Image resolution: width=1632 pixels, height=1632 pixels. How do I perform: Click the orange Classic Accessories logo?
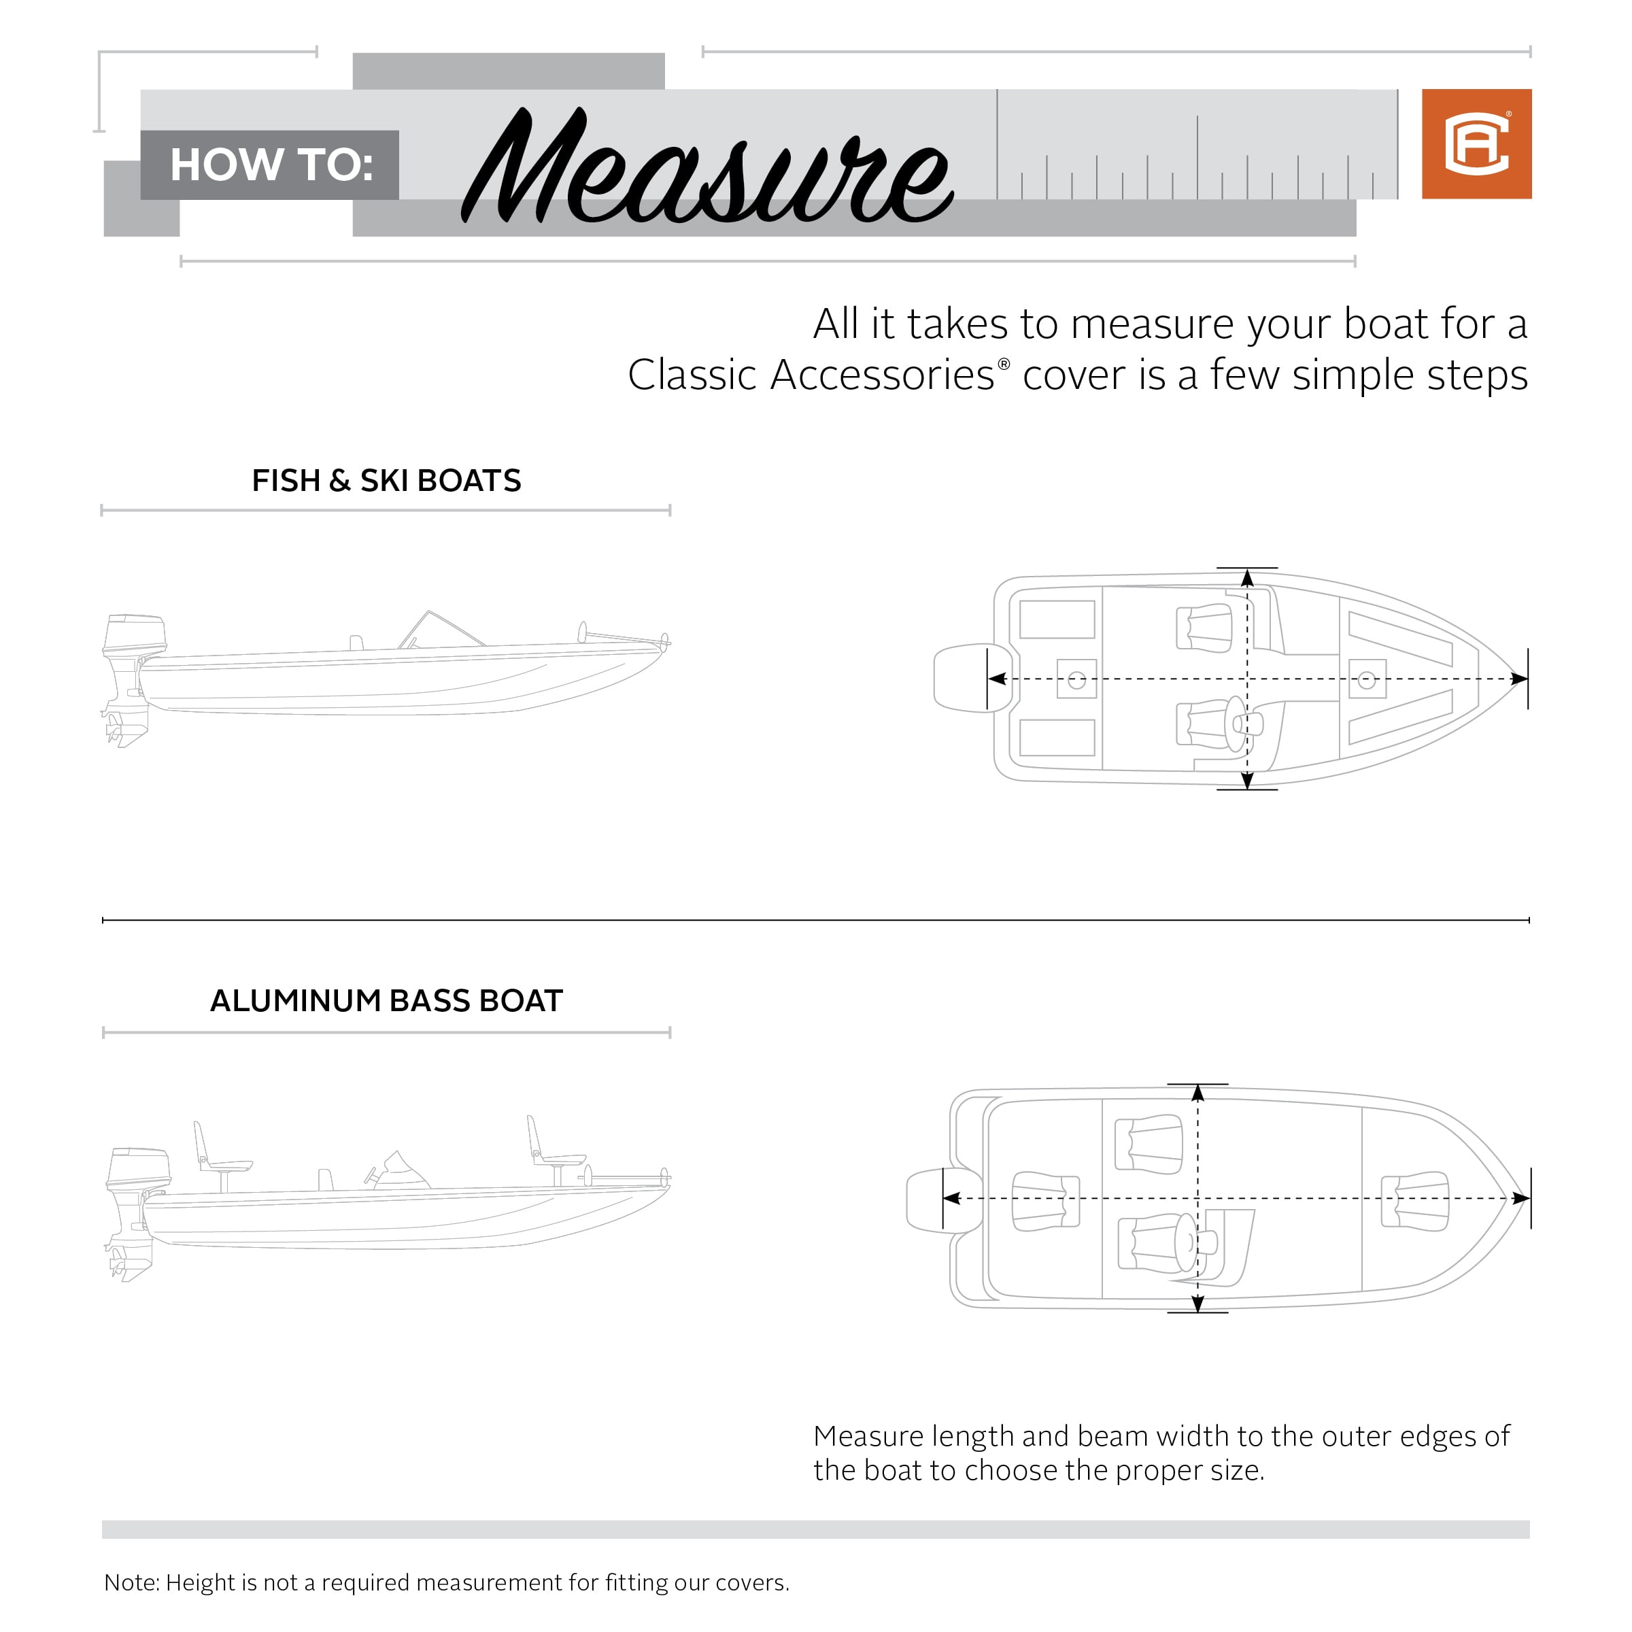[x=1476, y=143]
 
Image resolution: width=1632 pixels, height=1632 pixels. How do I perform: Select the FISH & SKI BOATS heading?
[x=386, y=481]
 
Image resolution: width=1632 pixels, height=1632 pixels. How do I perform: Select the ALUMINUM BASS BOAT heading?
[x=386, y=1000]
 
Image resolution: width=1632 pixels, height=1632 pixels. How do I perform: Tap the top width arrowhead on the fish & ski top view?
[x=1247, y=579]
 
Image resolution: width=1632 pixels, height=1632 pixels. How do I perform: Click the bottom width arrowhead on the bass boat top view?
[x=1197, y=1304]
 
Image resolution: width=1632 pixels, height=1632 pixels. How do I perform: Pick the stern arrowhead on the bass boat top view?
[x=952, y=1197]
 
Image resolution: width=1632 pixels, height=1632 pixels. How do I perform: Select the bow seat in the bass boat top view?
[x=1416, y=1200]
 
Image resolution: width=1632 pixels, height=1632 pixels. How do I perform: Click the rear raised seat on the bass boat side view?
[x=216, y=1153]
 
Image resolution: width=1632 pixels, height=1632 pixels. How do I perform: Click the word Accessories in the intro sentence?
[x=882, y=375]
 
